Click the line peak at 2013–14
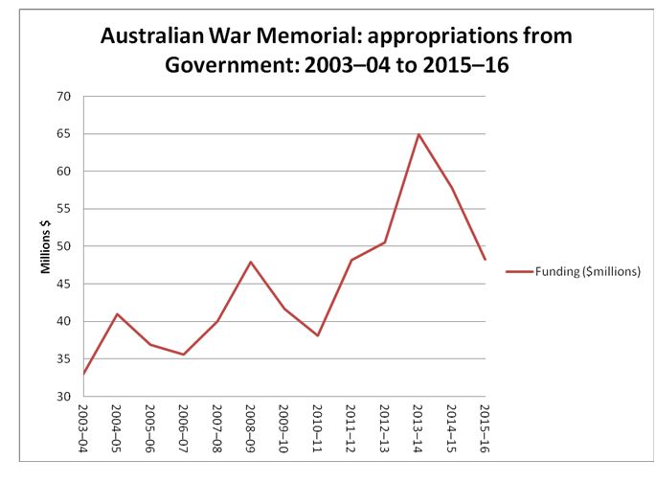tap(418, 134)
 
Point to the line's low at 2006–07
tap(184, 355)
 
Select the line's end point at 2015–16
tap(486, 260)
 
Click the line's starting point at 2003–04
tap(83, 374)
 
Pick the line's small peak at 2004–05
tap(117, 314)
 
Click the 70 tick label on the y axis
tap(64, 97)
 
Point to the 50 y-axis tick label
tap(64, 246)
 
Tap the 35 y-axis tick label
tap(64, 358)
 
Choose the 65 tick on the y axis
tap(64, 134)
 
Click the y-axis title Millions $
tap(44, 246)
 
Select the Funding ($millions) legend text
tap(586, 272)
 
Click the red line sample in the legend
tap(518, 272)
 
